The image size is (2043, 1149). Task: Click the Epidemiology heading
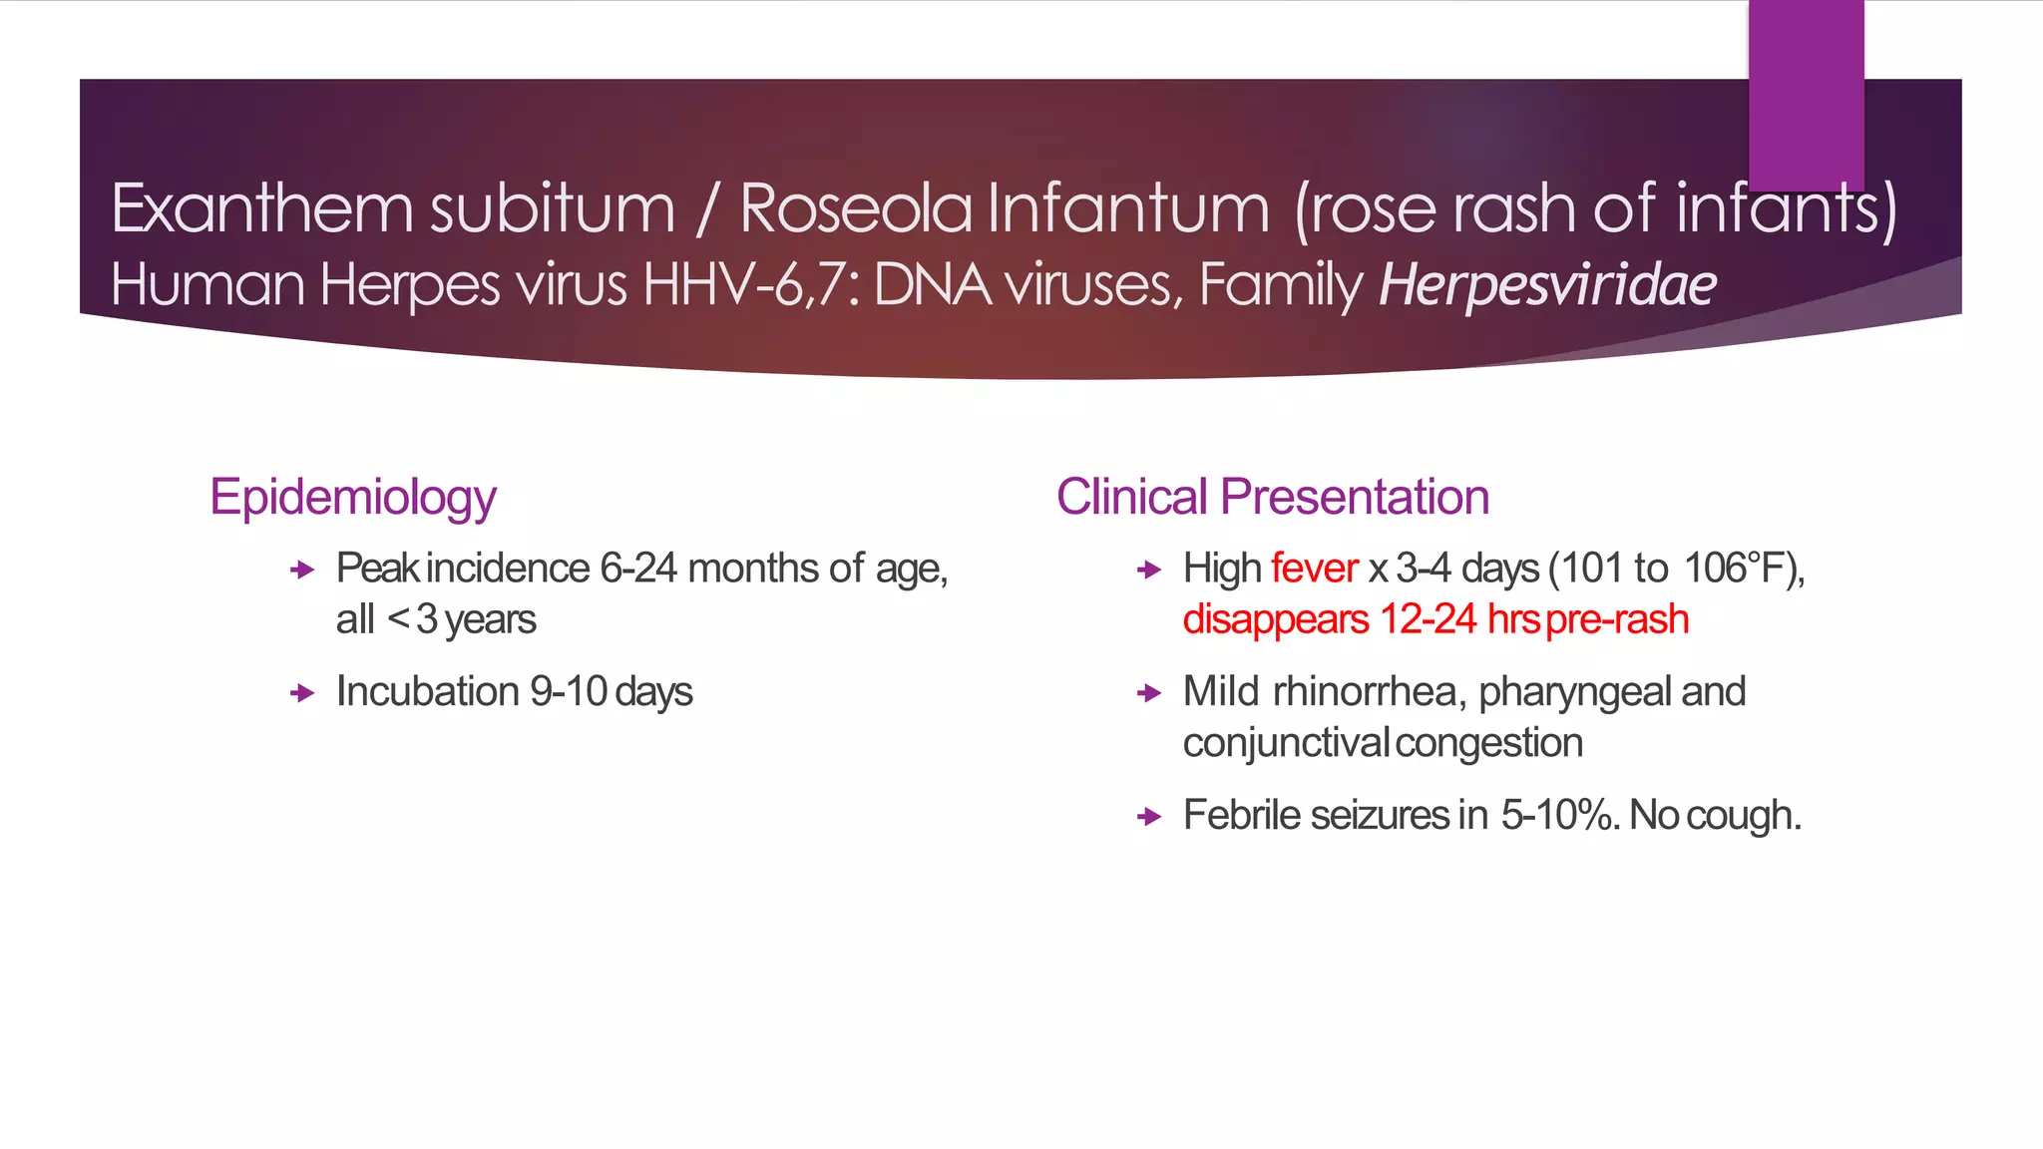[x=352, y=497]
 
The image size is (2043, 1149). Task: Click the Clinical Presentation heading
[x=1272, y=497]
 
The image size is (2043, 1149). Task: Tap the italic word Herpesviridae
[x=1547, y=285]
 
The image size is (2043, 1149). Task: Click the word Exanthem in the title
[x=261, y=209]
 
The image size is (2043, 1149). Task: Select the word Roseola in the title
[x=855, y=209]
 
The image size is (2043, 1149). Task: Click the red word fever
[x=1314, y=569]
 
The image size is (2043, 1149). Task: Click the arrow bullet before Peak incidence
[x=301, y=570]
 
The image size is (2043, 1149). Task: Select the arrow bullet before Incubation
[x=301, y=693]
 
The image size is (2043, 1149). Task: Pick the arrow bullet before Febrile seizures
[x=1148, y=817]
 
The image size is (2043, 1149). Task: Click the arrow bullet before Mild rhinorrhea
[x=1148, y=693]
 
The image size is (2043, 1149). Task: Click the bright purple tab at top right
[x=1806, y=95]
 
